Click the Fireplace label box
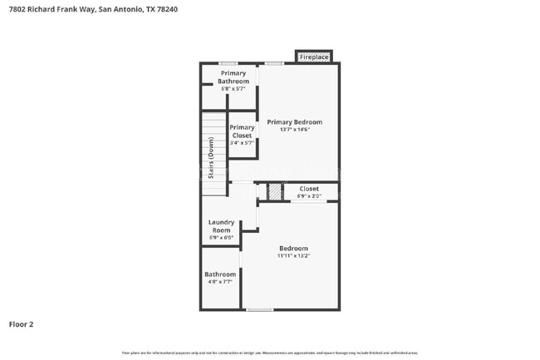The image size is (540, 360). click(314, 57)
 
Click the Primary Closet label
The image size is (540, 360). click(242, 131)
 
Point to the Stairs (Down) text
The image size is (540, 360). click(211, 158)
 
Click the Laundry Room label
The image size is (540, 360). click(221, 226)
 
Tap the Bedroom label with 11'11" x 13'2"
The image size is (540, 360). click(293, 249)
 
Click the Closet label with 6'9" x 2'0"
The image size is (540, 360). click(309, 189)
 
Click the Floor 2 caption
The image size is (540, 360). click(21, 324)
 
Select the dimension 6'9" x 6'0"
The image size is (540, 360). click(221, 238)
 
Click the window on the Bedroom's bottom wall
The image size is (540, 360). click(260, 309)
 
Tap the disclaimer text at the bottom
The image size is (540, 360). click(270, 352)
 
